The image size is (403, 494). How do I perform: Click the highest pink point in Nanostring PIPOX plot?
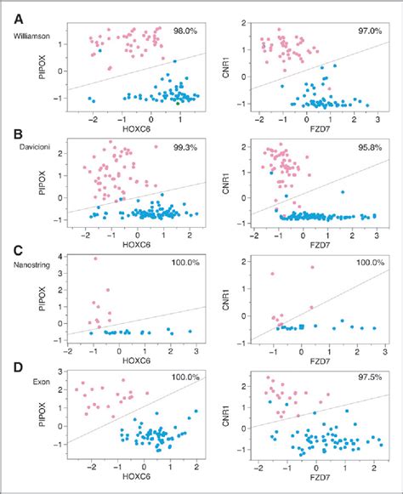(x=95, y=258)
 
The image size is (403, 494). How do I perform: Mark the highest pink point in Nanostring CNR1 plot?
(x=273, y=274)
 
